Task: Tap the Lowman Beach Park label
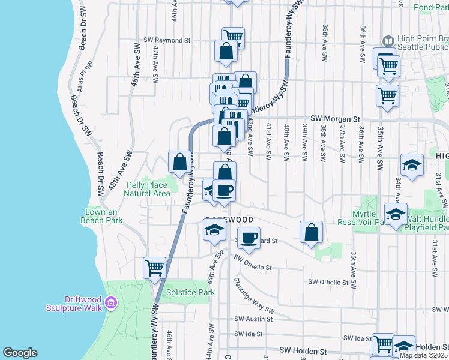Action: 101,216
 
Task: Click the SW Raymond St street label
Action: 166,41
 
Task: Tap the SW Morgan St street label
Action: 335,119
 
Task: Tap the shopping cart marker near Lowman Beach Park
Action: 154,267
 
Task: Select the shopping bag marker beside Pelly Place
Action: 180,161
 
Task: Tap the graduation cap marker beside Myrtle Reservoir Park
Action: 396,214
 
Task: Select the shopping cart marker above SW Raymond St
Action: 232,38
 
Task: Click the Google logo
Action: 20,353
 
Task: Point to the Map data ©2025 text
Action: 423,355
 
